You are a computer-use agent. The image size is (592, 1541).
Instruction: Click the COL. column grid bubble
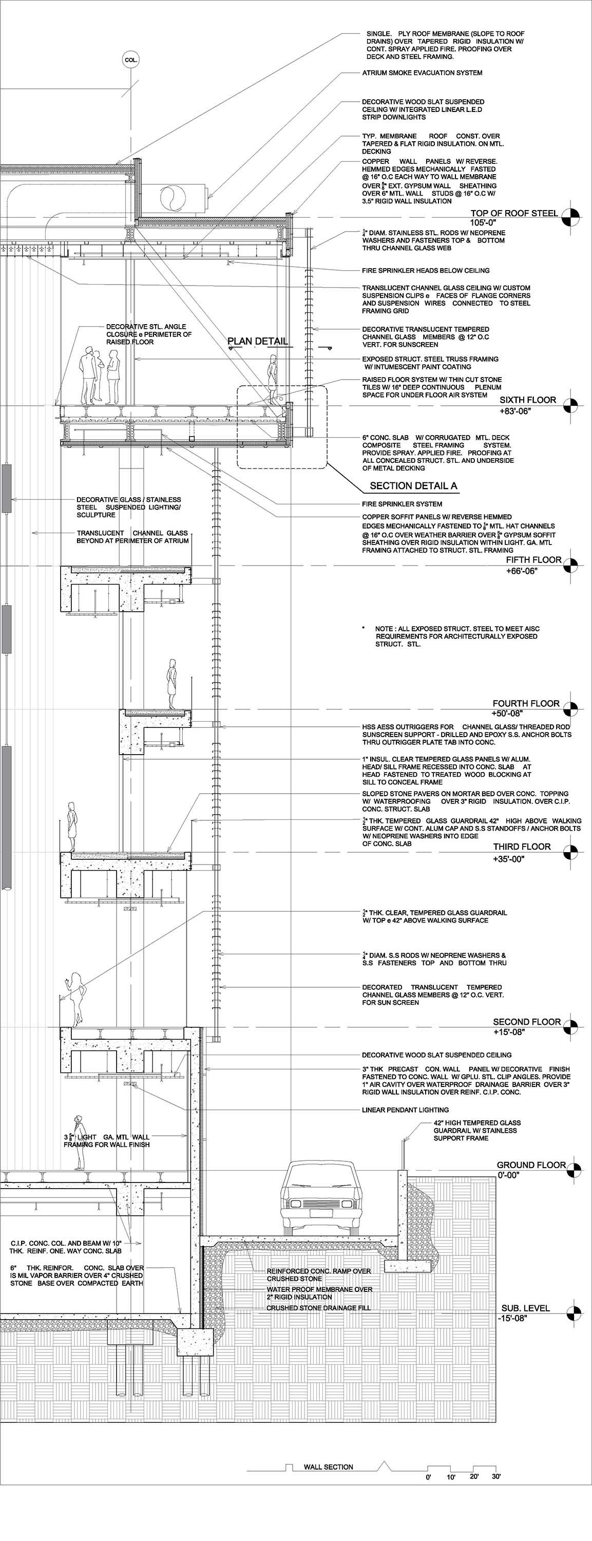click(x=131, y=60)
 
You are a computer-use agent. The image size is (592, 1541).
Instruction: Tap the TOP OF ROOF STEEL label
click(x=513, y=213)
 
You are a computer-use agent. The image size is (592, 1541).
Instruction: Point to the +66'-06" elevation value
click(x=522, y=571)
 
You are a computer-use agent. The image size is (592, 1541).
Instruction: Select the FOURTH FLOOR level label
click(x=526, y=704)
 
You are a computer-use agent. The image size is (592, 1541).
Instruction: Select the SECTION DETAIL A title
click(x=413, y=486)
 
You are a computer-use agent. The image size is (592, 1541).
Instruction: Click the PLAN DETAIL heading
click(x=257, y=342)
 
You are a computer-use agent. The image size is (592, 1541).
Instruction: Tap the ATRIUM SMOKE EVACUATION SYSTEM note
click(x=422, y=73)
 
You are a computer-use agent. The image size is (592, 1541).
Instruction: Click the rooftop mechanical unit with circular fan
click(x=175, y=197)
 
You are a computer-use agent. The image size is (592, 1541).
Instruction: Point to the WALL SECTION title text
click(x=328, y=1467)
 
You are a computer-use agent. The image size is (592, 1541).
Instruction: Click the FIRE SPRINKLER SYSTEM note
click(x=402, y=504)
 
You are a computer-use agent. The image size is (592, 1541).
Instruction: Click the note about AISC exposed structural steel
click(x=457, y=636)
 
